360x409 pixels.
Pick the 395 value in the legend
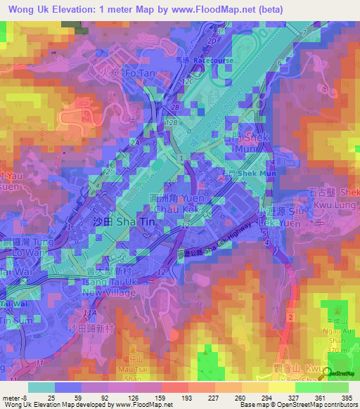347,398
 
